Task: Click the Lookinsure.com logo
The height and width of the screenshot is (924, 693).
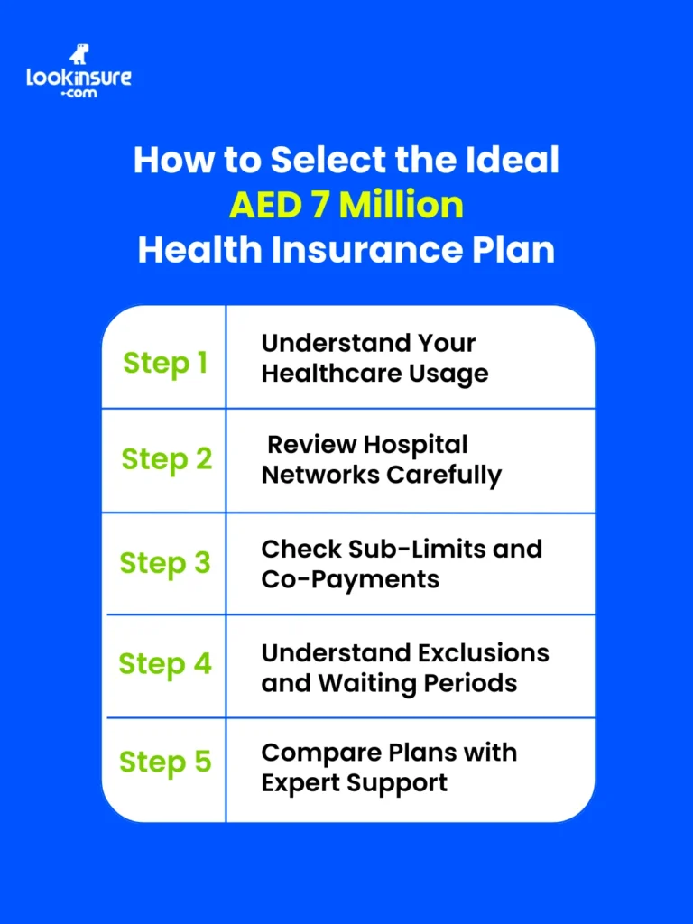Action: tap(79, 73)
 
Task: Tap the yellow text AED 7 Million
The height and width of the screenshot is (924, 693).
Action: tap(346, 205)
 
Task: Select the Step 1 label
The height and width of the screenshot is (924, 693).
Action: tap(165, 363)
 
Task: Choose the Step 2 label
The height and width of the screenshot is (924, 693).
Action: tap(167, 458)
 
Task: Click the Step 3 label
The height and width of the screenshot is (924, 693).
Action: tap(165, 562)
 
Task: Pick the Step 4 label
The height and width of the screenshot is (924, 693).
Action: tap(165, 664)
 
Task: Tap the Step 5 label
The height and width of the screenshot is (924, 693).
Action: tap(165, 762)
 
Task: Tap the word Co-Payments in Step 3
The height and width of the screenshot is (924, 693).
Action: tap(350, 578)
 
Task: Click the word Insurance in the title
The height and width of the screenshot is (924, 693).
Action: tap(352, 249)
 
